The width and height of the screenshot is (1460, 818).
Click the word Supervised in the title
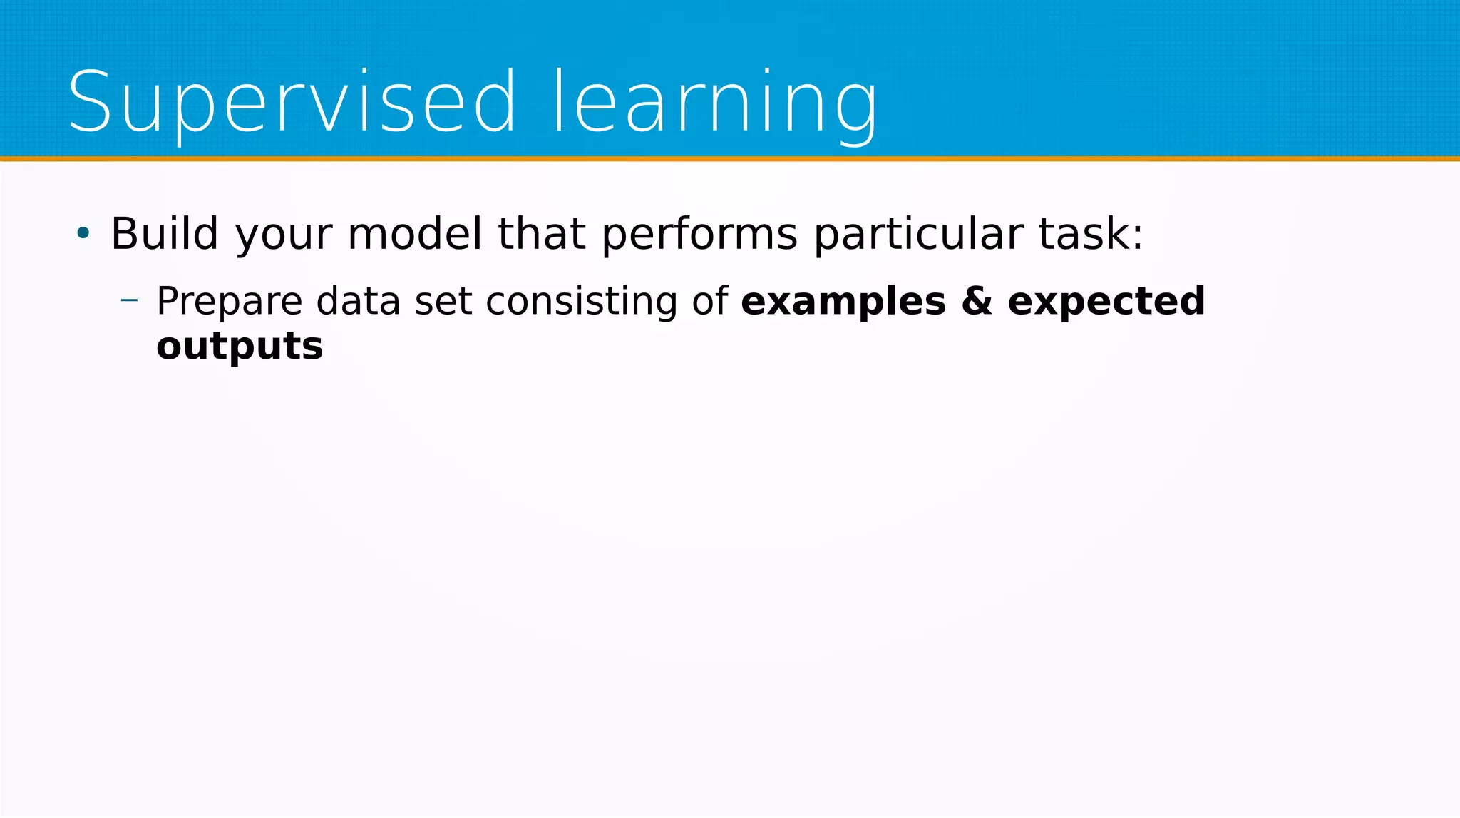coord(291,103)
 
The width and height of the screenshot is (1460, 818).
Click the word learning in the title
coord(715,103)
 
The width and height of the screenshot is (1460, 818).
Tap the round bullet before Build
coord(83,233)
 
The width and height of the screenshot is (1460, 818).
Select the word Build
coord(164,234)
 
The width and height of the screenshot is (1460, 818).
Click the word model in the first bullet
coord(414,234)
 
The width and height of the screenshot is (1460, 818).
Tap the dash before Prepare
coord(129,300)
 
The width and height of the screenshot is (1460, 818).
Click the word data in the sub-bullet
coord(358,301)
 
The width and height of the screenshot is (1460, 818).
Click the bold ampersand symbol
coord(976,301)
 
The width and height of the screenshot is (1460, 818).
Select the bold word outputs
coord(240,347)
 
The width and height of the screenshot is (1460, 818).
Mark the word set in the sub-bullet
coord(443,301)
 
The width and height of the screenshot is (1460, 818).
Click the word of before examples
coord(710,301)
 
